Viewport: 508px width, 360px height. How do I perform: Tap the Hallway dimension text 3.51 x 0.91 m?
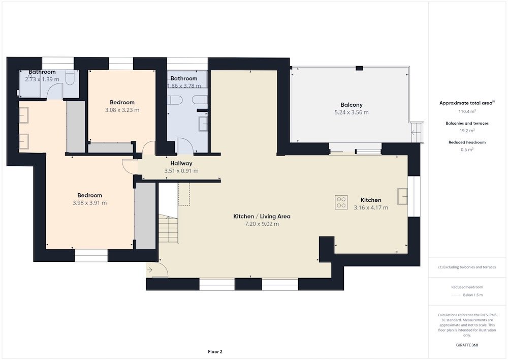(181, 171)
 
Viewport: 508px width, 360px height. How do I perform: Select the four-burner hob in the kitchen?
(341, 202)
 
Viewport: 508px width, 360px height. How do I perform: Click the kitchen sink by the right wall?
(403, 196)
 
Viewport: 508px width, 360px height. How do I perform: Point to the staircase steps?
(168, 229)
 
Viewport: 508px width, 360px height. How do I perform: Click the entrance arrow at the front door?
(151, 269)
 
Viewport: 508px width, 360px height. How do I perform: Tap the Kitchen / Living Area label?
(262, 216)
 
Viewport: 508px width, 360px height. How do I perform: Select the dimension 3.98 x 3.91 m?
(90, 203)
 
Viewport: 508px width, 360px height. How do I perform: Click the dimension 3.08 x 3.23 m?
(122, 110)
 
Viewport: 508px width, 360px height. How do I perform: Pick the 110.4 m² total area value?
(466, 111)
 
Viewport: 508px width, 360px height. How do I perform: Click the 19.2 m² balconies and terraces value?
(466, 130)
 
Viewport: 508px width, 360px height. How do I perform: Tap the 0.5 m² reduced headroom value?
(466, 149)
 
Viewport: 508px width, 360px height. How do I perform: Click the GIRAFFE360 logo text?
(467, 345)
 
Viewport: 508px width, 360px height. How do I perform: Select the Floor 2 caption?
(215, 351)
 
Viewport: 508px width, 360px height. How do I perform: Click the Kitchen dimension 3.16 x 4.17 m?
(371, 207)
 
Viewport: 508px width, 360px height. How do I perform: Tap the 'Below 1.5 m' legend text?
(472, 295)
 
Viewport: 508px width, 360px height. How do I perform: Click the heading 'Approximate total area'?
(465, 103)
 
